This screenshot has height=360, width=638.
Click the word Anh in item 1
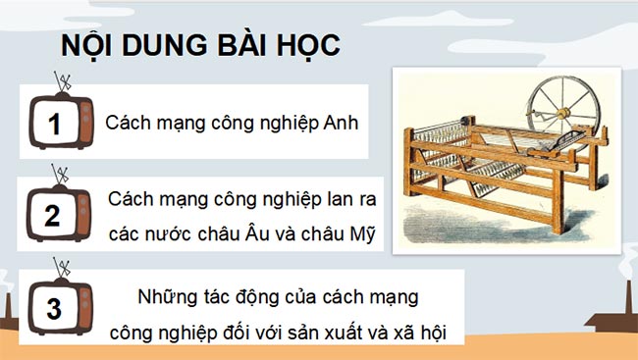point(341,125)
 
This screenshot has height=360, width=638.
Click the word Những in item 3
point(165,296)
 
